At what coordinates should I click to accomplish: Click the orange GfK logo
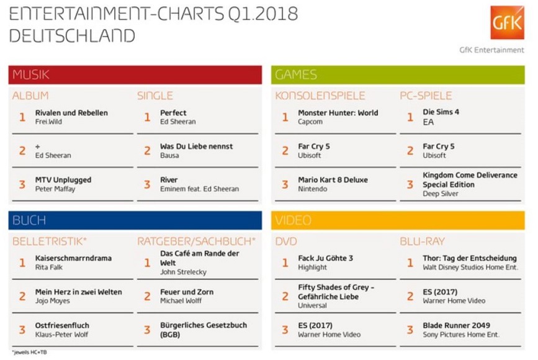(507, 23)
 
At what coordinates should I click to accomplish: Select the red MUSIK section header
(135, 74)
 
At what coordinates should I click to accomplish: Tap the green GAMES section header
(398, 74)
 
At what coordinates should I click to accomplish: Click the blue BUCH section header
(135, 220)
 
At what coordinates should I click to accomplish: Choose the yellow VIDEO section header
(398, 220)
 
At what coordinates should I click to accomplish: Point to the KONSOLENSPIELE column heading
(320, 96)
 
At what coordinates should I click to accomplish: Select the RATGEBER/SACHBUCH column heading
(196, 241)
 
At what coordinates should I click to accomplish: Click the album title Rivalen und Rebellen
(71, 113)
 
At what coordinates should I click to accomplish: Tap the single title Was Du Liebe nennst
(197, 146)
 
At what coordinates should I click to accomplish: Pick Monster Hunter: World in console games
(338, 113)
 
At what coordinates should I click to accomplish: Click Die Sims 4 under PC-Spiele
(441, 113)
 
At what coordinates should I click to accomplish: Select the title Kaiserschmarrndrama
(73, 258)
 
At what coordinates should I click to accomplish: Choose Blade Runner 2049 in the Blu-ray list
(456, 325)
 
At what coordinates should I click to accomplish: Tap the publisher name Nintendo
(313, 189)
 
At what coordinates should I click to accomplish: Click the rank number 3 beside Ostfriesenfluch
(22, 330)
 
